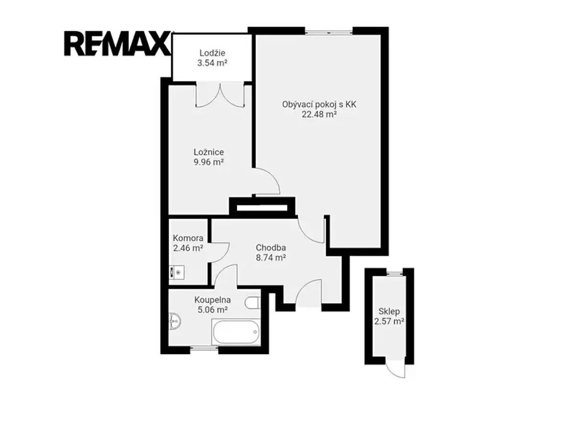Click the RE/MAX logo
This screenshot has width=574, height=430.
point(117,43)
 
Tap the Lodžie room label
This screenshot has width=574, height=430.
point(212,53)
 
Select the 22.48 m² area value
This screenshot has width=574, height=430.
point(319,114)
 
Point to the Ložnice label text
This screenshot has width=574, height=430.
point(209,152)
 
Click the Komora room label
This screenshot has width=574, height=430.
point(188,238)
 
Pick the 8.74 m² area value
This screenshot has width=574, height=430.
point(271,258)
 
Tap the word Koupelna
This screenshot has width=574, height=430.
point(212,300)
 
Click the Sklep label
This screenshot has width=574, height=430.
point(389,311)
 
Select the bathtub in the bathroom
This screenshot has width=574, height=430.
point(236,332)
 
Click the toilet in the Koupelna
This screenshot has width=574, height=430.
point(253,302)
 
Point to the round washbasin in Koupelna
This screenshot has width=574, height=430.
point(175,321)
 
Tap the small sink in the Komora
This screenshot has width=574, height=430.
point(177,272)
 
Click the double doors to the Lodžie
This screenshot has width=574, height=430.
point(220,95)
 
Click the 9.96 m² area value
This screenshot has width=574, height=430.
point(209,162)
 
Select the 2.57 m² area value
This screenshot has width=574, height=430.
point(389,322)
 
